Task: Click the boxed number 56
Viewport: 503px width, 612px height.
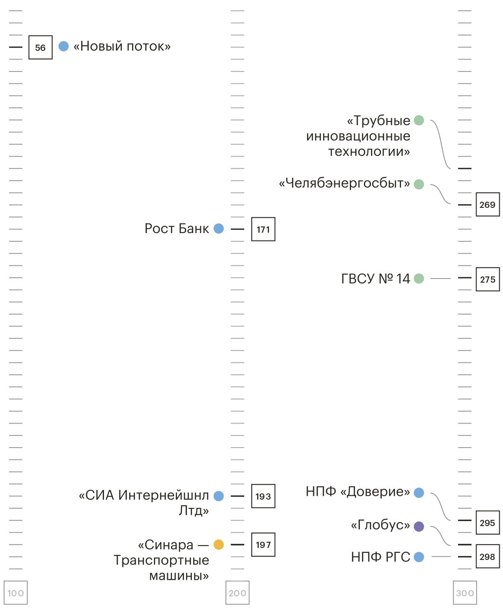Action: coord(40,48)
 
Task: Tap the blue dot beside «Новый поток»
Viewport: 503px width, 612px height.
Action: coord(64,46)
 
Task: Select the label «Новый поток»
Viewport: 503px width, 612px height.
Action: coord(122,46)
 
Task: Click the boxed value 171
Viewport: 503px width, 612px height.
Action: coord(263,229)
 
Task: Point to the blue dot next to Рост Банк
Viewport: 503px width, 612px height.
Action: coord(219,229)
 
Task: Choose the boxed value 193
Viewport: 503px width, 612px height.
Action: coord(263,496)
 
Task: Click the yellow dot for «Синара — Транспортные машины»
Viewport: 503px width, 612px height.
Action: coord(219,545)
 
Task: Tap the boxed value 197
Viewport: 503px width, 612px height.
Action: coord(263,545)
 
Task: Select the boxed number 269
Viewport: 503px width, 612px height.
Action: coord(487,205)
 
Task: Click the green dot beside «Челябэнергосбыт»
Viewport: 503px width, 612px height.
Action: coord(419,184)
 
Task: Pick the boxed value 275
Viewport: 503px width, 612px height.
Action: coord(487,279)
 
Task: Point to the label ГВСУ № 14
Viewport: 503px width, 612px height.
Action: coord(375,279)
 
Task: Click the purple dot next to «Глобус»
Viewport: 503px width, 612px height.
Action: coord(419,526)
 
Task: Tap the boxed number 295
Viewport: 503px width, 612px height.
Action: coord(487,523)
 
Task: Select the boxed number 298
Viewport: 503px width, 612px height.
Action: coord(487,557)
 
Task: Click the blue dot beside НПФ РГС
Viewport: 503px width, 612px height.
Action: coord(419,557)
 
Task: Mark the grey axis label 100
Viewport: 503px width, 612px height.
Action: coord(16,593)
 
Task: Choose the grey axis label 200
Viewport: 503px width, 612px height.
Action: coord(238,593)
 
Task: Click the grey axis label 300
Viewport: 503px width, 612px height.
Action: coord(465,593)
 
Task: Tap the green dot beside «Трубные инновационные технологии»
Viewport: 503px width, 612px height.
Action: coord(419,120)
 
